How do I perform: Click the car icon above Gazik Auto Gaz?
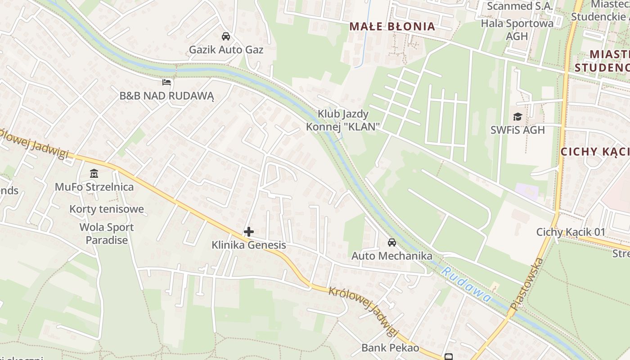click(x=226, y=36)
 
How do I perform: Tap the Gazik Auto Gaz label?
click(x=226, y=49)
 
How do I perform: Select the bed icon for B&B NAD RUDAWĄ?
click(x=166, y=82)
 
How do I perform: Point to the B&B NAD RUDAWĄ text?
click(x=166, y=96)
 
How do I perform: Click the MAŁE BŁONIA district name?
click(x=392, y=26)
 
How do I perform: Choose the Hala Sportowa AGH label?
click(x=517, y=29)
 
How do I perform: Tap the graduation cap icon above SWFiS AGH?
click(x=517, y=117)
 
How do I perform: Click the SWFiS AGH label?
click(x=517, y=130)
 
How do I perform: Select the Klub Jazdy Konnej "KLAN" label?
click(x=343, y=121)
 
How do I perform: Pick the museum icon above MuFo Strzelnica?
click(x=94, y=173)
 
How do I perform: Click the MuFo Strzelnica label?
click(x=94, y=187)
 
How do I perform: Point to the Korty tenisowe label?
click(x=107, y=209)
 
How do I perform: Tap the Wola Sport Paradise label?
click(x=107, y=234)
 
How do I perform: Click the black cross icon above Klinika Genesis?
click(x=248, y=232)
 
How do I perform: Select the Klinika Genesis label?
click(x=248, y=245)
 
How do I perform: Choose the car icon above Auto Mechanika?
click(x=392, y=243)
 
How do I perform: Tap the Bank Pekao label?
click(x=390, y=348)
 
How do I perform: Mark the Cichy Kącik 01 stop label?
click(x=571, y=232)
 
